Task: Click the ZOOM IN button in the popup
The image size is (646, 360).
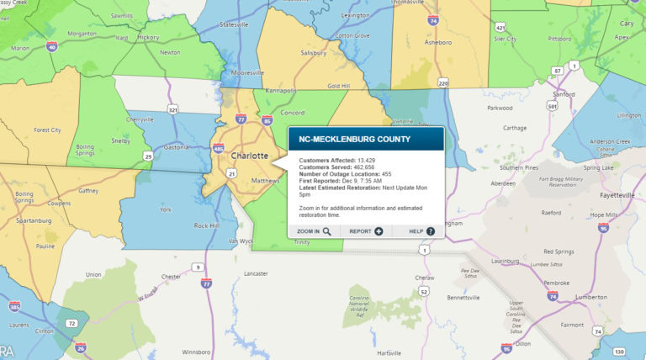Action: point(314,230)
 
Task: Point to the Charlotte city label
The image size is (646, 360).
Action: point(250,156)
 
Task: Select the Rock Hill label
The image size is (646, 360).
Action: point(207,225)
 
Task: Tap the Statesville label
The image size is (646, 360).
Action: point(235,25)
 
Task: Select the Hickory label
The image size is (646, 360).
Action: point(149,38)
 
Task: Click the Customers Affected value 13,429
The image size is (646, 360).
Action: point(365,159)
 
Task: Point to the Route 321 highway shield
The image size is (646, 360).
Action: point(172,109)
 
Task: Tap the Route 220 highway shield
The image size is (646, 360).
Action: point(442,83)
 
